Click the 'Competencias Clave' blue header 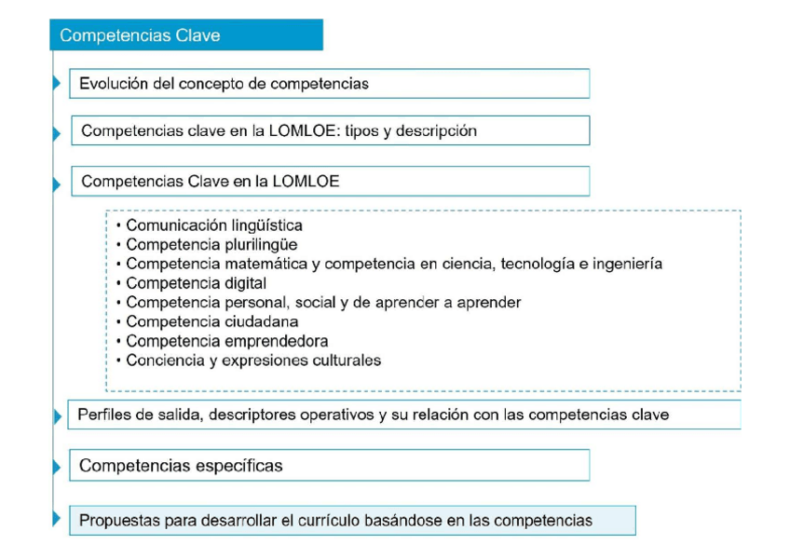click(185, 35)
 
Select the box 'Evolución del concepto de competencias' click(329, 84)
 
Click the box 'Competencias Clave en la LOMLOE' click(330, 182)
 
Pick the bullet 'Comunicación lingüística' click(213, 225)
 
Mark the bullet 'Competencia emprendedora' click(226, 342)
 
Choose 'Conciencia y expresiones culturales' click(253, 361)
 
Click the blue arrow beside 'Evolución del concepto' click(57, 84)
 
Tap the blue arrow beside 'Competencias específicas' click(57, 466)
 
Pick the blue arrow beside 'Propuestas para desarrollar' click(57, 520)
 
